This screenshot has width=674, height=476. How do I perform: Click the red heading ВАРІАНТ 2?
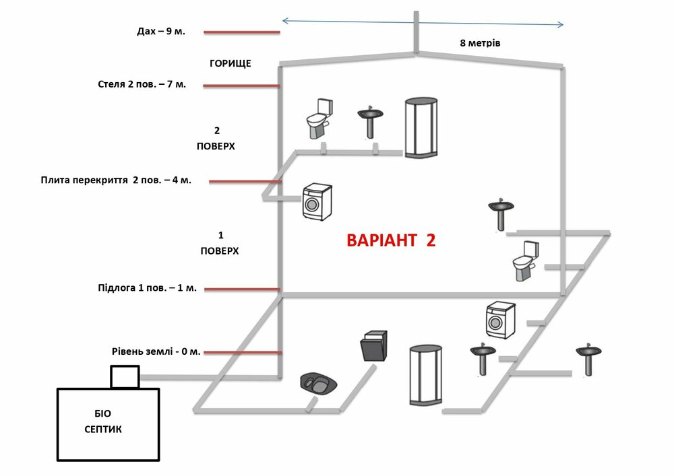click(x=391, y=241)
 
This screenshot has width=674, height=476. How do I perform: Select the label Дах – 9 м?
click(x=160, y=32)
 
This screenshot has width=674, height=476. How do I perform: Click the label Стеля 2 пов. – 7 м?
click(x=142, y=85)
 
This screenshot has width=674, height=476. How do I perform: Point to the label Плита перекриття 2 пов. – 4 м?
click(x=116, y=180)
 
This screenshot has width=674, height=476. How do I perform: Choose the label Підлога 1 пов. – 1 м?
click(x=147, y=288)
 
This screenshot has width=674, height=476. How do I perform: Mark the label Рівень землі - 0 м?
click(x=156, y=351)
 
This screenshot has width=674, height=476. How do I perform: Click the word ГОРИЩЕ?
click(x=231, y=63)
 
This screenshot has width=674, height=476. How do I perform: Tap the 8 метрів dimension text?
click(x=480, y=42)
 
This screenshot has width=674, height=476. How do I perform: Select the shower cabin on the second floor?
click(x=421, y=128)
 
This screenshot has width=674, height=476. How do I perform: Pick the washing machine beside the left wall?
click(x=317, y=202)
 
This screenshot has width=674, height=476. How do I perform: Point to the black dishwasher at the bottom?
click(x=373, y=346)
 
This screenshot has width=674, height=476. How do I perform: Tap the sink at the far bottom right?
click(x=588, y=359)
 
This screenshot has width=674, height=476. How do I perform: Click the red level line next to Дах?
click(x=241, y=32)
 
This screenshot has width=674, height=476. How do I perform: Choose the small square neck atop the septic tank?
click(x=125, y=377)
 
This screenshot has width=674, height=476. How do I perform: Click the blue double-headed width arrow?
click(x=423, y=22)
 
